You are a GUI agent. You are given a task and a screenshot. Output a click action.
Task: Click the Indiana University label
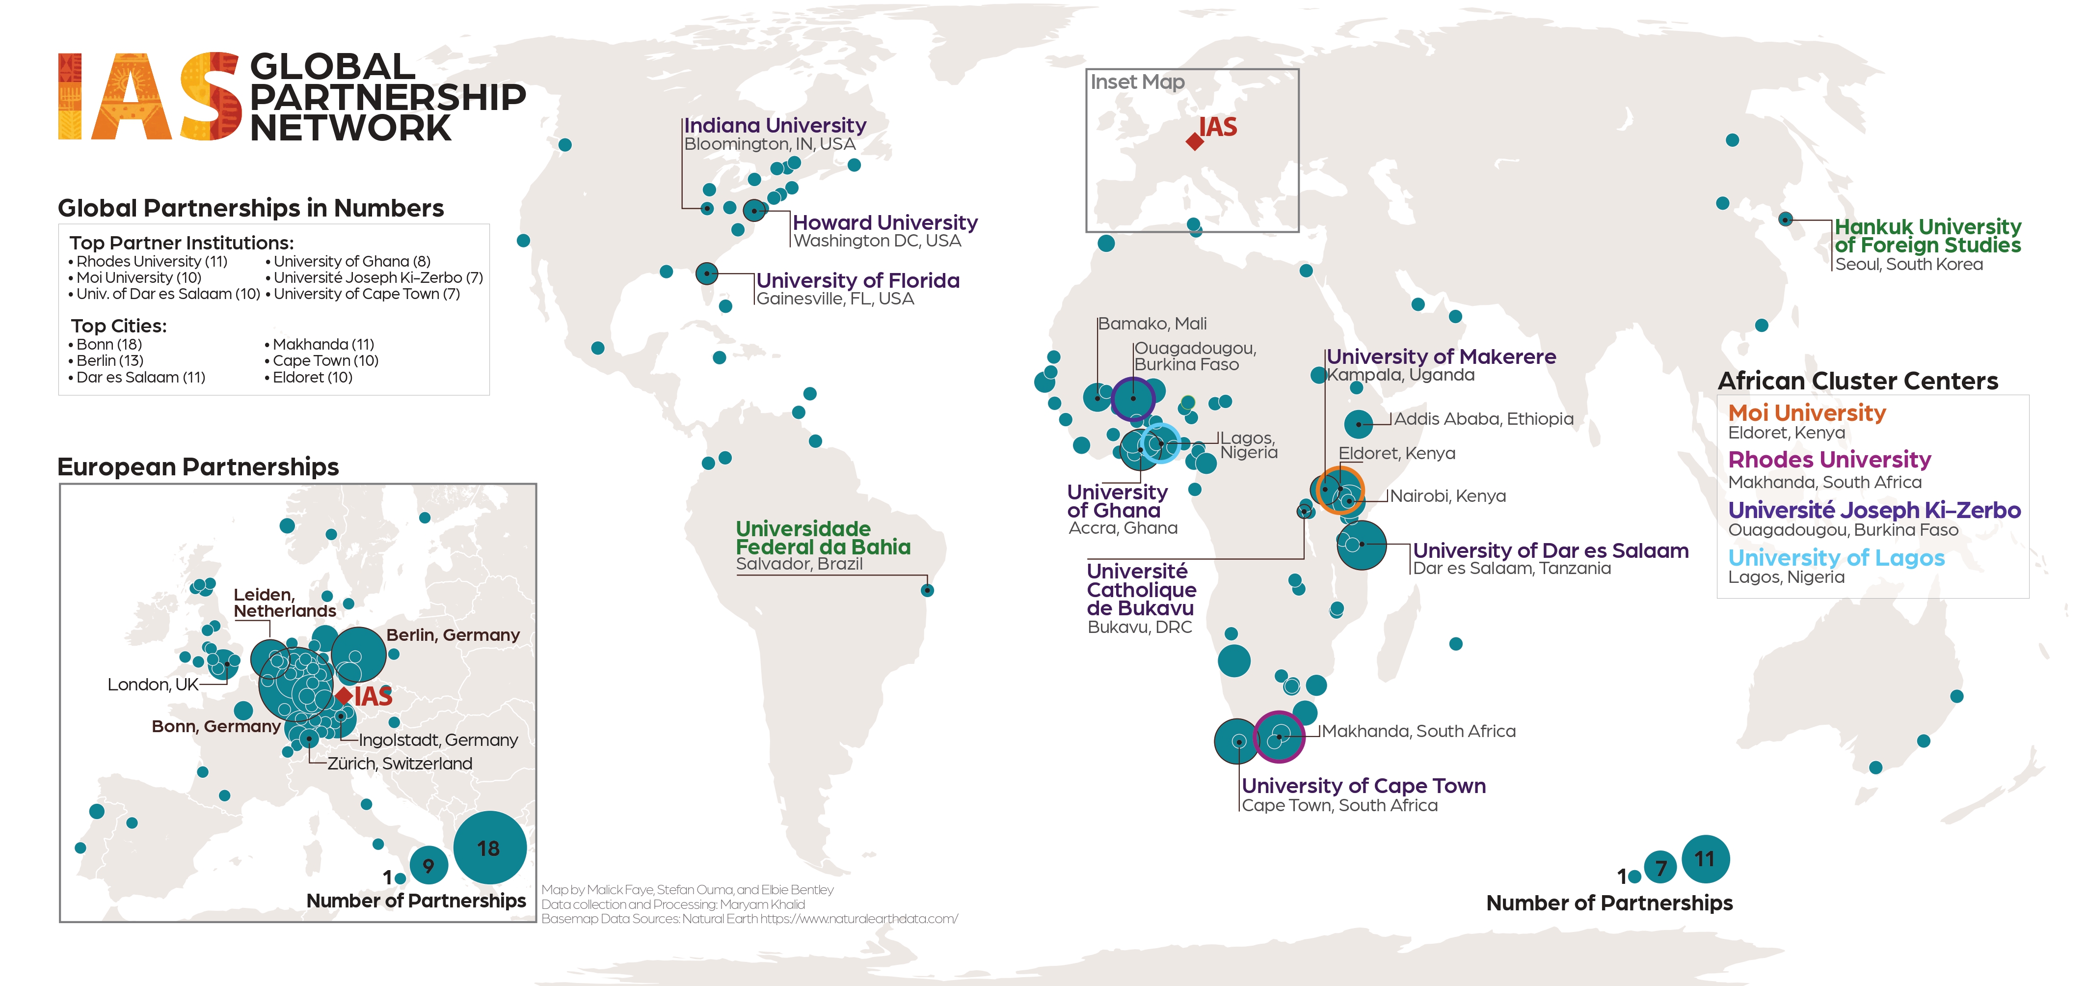pos(775,126)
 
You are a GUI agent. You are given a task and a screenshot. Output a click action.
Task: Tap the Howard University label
pos(884,223)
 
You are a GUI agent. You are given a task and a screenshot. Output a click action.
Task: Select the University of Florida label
pos(857,280)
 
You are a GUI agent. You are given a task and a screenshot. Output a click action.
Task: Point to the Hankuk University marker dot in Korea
pos(1785,219)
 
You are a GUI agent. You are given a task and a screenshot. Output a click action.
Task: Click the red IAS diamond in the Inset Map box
pos(1194,142)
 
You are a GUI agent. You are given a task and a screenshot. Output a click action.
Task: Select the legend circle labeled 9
pos(428,865)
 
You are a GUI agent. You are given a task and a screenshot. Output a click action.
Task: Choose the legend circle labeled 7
pos(1660,869)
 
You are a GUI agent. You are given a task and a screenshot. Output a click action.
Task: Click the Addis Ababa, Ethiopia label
pos(1483,419)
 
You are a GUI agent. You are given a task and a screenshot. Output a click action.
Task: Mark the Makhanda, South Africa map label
pos(1418,731)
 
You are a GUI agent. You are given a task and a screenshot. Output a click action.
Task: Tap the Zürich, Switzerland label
pos(400,763)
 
